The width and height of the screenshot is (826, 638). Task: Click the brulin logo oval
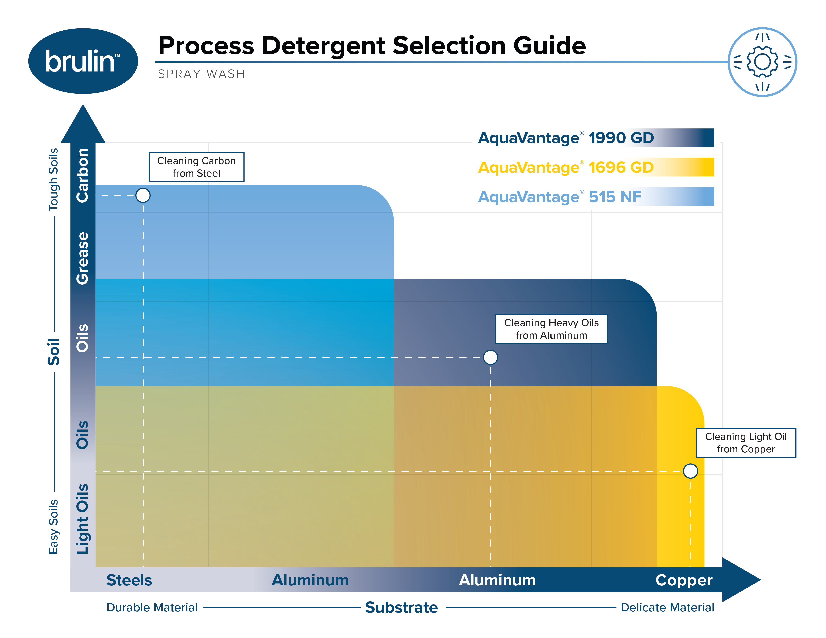pyautogui.click(x=83, y=61)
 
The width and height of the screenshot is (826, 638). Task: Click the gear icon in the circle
pyautogui.click(x=762, y=62)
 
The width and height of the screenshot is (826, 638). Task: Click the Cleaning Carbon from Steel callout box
pyautogui.click(x=196, y=167)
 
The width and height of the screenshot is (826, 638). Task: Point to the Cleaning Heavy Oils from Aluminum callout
pyautogui.click(x=551, y=329)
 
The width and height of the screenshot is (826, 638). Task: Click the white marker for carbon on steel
pyautogui.click(x=143, y=195)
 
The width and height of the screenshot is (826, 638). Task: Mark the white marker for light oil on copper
pyautogui.click(x=690, y=471)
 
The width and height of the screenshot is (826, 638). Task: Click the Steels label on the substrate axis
pyautogui.click(x=129, y=580)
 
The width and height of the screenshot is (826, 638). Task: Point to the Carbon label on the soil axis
pyautogui.click(x=82, y=175)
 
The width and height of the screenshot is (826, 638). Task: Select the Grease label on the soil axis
pyautogui.click(x=82, y=258)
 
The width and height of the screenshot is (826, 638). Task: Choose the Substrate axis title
pyautogui.click(x=401, y=607)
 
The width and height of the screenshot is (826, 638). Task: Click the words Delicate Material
pyautogui.click(x=667, y=607)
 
